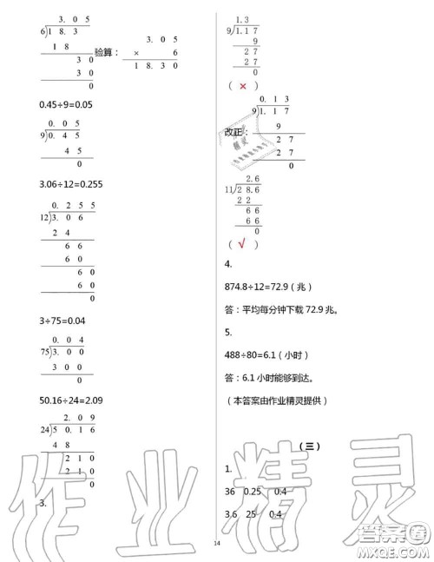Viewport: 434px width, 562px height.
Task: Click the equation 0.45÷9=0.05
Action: (x=67, y=104)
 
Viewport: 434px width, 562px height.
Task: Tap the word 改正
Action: (x=233, y=133)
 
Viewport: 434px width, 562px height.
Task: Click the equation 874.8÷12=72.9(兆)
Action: (x=266, y=287)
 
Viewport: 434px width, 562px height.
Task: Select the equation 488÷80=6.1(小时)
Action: (x=264, y=354)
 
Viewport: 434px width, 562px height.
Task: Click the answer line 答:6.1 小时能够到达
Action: (x=269, y=377)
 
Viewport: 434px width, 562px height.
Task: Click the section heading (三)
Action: (x=308, y=447)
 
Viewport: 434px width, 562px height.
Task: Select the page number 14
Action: (x=217, y=544)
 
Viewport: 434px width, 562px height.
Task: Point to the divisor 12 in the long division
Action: (x=44, y=217)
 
